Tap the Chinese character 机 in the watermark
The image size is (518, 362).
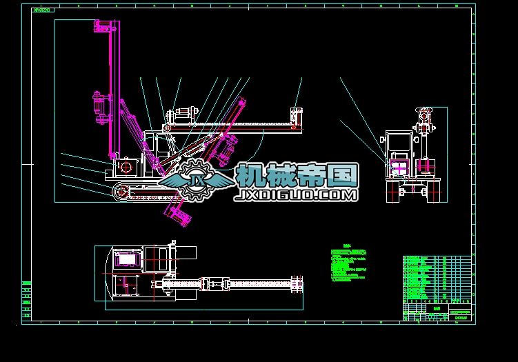click(x=250, y=176)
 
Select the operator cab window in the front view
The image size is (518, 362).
click(x=398, y=143)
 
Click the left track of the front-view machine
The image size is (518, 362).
click(x=393, y=190)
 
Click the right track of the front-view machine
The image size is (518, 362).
click(x=435, y=190)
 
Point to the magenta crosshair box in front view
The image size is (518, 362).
click(x=399, y=167)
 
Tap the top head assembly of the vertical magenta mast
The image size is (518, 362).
click(x=105, y=28)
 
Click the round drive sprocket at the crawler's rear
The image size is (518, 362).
click(x=122, y=192)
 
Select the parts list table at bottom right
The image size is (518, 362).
click(x=437, y=279)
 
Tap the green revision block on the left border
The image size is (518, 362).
click(x=27, y=301)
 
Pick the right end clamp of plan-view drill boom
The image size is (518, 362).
click(x=298, y=283)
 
